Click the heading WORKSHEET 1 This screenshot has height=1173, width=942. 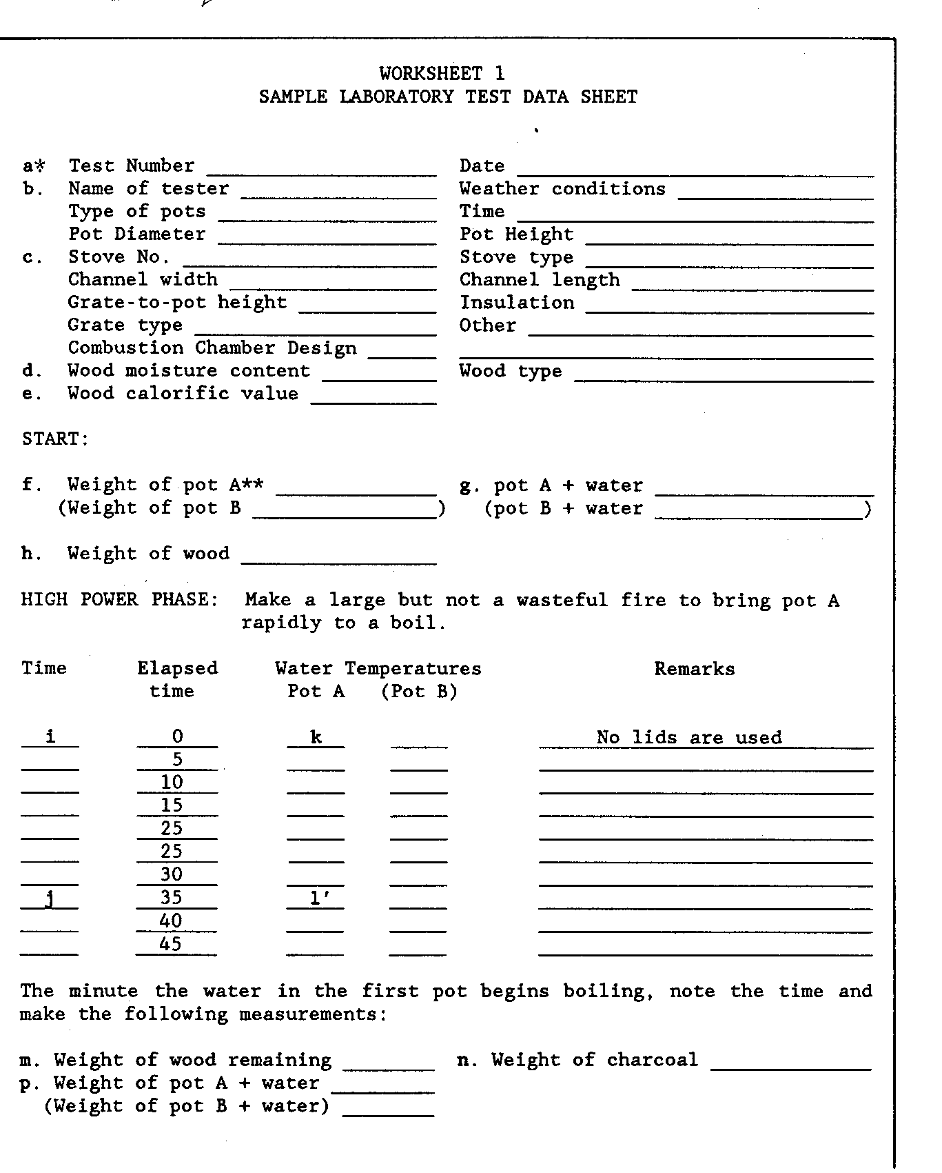click(x=442, y=73)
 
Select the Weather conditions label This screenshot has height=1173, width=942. click(x=562, y=189)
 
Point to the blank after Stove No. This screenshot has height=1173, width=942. click(x=309, y=261)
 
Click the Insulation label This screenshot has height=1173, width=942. click(x=517, y=303)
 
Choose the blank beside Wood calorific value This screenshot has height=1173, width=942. click(x=373, y=398)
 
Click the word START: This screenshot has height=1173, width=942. click(x=56, y=439)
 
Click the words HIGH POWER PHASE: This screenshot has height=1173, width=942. click(x=120, y=599)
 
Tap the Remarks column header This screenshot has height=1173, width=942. click(x=694, y=669)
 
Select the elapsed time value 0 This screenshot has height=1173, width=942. click(x=177, y=737)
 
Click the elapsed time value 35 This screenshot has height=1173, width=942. click(x=172, y=897)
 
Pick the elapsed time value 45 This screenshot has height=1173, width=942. click(x=170, y=943)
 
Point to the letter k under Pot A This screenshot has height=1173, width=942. click(x=316, y=737)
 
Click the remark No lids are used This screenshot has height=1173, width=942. click(x=689, y=738)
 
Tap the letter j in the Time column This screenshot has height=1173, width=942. click(x=50, y=899)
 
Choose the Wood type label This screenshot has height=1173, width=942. click(x=511, y=372)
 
